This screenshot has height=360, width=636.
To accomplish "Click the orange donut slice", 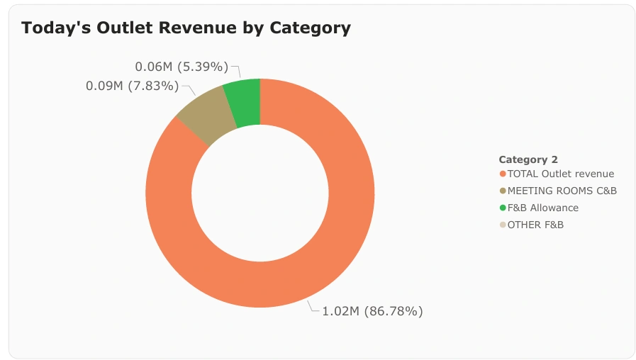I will (x=340, y=234).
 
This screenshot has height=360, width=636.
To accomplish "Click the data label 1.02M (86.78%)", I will (x=372, y=311).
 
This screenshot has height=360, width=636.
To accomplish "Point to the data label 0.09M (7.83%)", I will (x=133, y=86).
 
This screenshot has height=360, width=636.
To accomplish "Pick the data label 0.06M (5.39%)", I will (x=182, y=67).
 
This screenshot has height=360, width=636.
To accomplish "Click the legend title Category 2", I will (x=528, y=159).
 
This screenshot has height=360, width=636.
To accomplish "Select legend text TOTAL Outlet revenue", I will (x=560, y=174).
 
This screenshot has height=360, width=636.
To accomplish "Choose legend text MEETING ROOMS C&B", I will (x=562, y=191).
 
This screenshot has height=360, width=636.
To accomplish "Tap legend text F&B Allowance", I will (x=542, y=208).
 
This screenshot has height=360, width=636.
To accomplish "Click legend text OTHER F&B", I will (x=535, y=225).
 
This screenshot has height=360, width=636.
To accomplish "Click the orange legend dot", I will (x=503, y=174).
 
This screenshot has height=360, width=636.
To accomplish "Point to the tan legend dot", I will (x=503, y=191).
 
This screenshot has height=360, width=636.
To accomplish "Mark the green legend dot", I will (x=503, y=208).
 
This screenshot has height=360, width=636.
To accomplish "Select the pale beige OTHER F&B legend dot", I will (x=503, y=225).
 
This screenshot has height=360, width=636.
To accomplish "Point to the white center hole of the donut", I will (x=260, y=193).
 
